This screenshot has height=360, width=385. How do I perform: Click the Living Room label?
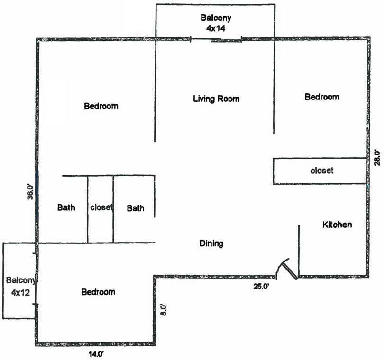pyautogui.click(x=216, y=99)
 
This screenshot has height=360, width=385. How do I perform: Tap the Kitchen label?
pyautogui.click(x=337, y=225)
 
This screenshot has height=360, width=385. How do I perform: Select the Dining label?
pyautogui.click(x=211, y=243)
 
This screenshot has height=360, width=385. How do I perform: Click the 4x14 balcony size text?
pyautogui.click(x=216, y=28)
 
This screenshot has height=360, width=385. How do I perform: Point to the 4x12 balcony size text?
pyautogui.click(x=20, y=292)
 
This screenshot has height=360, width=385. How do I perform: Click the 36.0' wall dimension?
pyautogui.click(x=30, y=194)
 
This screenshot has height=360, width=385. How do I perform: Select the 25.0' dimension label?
pyautogui.click(x=260, y=286)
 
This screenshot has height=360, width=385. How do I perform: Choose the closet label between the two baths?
pyautogui.click(x=101, y=207)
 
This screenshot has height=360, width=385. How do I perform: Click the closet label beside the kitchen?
pyautogui.click(x=322, y=170)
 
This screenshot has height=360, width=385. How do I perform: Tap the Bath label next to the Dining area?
pyautogui.click(x=136, y=208)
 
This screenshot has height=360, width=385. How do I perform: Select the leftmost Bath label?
pyautogui.click(x=66, y=207)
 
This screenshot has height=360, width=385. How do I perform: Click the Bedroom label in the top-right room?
pyautogui.click(x=322, y=97)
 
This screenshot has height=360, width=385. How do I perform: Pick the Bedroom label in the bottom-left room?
pyautogui.click(x=98, y=292)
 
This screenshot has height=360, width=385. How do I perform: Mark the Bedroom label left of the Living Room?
pyautogui.click(x=101, y=106)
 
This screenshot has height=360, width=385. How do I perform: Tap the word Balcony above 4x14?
pyautogui.click(x=216, y=18)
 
